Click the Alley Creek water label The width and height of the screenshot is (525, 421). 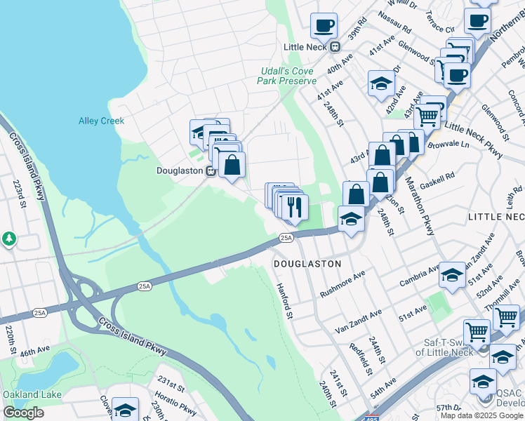tap(101, 121)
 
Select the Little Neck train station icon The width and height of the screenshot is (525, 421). tap(335, 47)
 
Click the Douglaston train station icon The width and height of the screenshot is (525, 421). tap(210, 171)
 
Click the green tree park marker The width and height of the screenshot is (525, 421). tap(9, 239)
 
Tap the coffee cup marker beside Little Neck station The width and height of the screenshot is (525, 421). tap(324, 26)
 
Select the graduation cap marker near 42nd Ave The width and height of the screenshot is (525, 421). tap(381, 83)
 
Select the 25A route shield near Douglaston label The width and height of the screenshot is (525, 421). tap(286, 238)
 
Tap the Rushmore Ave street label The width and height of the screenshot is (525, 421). tap(343, 283)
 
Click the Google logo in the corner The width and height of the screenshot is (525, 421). tap(24, 413)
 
